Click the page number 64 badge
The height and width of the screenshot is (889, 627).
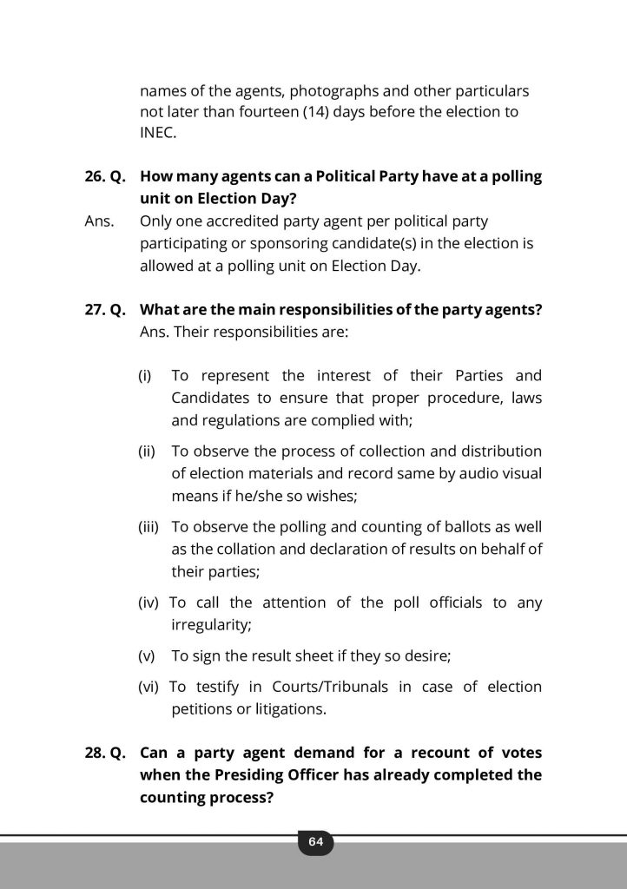coord(314,841)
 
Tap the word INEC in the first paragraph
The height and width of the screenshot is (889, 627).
coord(157,133)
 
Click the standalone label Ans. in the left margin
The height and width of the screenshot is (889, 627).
coord(99,222)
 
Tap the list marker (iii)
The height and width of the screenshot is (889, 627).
coord(148,527)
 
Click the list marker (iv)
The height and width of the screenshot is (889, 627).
coord(148,603)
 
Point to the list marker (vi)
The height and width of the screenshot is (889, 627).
coord(148,687)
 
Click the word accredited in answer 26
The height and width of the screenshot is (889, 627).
coord(245,222)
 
